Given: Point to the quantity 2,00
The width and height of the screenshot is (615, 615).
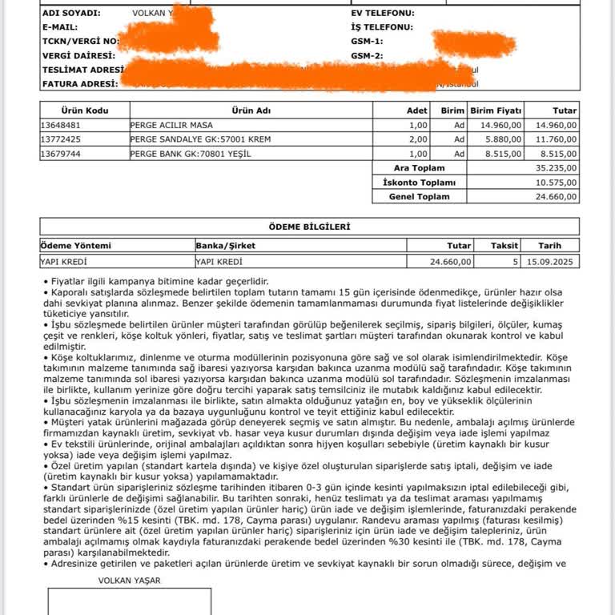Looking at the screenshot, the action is point(418,139).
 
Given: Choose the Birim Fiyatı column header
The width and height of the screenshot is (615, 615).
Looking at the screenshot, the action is point(496,111).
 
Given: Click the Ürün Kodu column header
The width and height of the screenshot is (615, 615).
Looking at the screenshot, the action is point(84,111).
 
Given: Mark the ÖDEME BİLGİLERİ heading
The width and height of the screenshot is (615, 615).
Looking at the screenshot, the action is point(309,227).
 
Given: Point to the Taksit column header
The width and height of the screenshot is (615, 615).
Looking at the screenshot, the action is point(504,246).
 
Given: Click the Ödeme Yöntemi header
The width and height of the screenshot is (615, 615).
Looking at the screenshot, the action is point(75,246).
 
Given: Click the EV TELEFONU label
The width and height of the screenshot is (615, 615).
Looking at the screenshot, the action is point(383,14).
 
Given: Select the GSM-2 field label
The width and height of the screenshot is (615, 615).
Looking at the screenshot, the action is point(367,56).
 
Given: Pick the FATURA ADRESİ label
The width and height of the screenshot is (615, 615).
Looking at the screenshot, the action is point(80,83).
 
